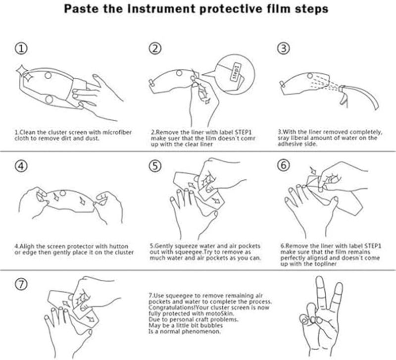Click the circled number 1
point(21,49)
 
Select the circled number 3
point(283,49)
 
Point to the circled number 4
point(21,166)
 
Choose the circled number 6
point(283,166)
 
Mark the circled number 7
point(21,284)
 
